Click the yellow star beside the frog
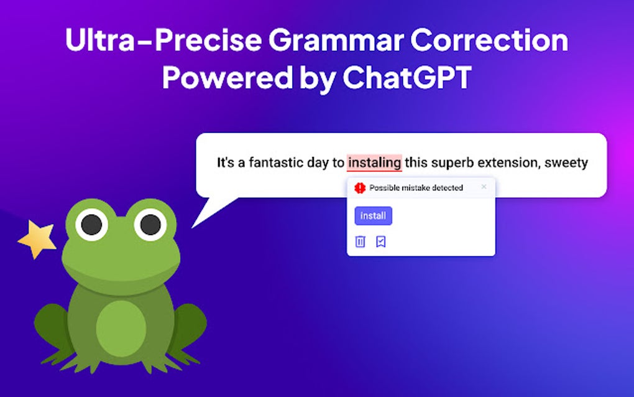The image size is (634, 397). tap(36, 239)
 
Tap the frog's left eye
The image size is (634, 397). tap(91, 224)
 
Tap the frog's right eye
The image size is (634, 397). tap(150, 224)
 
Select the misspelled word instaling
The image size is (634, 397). tap(374, 163)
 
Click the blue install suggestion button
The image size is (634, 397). tap(373, 216)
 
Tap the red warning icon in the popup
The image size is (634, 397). tap(360, 187)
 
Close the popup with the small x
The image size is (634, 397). tap(484, 187)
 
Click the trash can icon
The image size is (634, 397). tap(361, 241)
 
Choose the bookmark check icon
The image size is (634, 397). tap(381, 241)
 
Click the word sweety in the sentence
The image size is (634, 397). tap(566, 163)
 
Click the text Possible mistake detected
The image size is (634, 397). tap(416, 187)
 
